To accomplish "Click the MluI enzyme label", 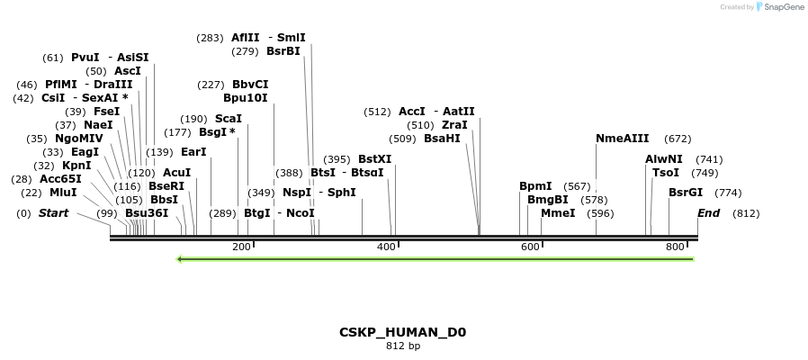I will click(x=63, y=193).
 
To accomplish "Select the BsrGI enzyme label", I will click(x=686, y=193).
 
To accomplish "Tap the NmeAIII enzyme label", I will click(x=622, y=139).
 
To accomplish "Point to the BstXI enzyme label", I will click(x=375, y=159).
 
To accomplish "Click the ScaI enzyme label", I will click(x=228, y=119).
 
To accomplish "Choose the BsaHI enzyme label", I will click(x=442, y=139).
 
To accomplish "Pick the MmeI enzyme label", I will click(x=558, y=213).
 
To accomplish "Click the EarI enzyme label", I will click(x=193, y=152).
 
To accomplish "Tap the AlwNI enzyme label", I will click(x=664, y=159).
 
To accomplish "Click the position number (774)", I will click(x=728, y=193).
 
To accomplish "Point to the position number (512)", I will click(x=378, y=112).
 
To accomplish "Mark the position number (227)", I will click(x=211, y=85).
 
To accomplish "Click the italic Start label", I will click(x=53, y=213).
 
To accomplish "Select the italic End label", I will click(x=709, y=213).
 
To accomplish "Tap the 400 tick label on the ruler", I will click(x=386, y=247).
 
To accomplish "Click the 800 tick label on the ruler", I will click(x=675, y=247).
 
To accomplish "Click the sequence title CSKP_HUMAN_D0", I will click(x=402, y=332).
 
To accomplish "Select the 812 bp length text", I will click(x=403, y=346).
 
